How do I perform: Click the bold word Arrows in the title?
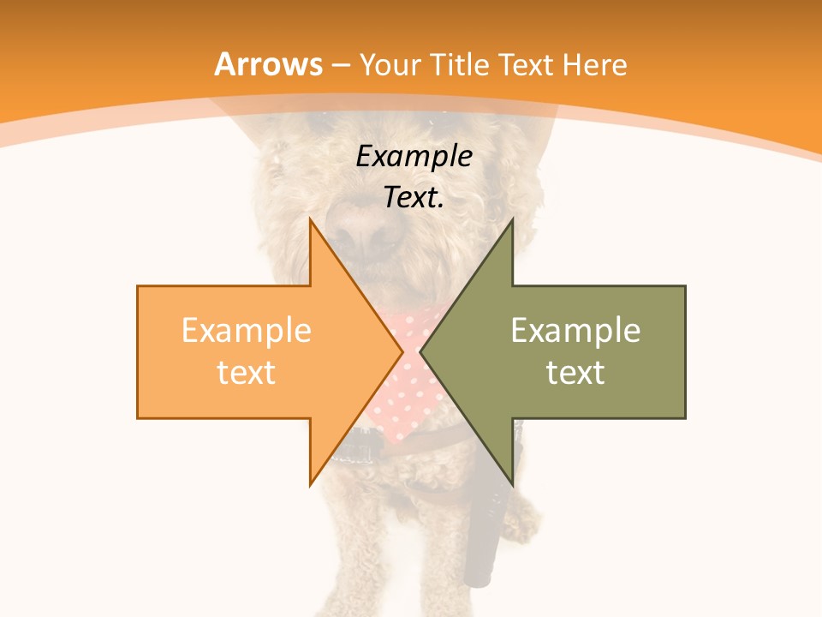pyautogui.click(x=269, y=64)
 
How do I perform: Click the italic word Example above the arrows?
pyautogui.click(x=414, y=157)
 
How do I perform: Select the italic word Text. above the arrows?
pyautogui.click(x=414, y=198)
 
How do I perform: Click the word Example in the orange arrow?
pyautogui.click(x=246, y=330)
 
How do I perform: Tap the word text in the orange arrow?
pyautogui.click(x=246, y=372)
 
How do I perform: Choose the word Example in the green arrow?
pyautogui.click(x=575, y=330)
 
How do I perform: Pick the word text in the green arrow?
pyautogui.click(x=575, y=372)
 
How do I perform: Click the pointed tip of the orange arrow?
pyautogui.click(x=402, y=351)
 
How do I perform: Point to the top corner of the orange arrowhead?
pyautogui.click(x=311, y=221)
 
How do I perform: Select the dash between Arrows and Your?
pyautogui.click(x=340, y=65)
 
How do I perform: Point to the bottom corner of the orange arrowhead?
pyautogui.click(x=311, y=482)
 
